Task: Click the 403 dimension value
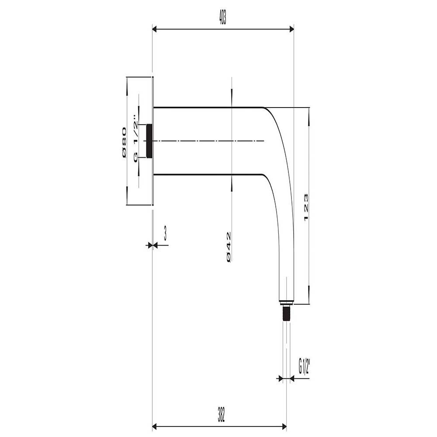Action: [222, 18]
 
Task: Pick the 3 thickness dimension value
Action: [165, 234]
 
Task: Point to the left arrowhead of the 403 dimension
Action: [155, 30]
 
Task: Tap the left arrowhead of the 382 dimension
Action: [155, 426]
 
